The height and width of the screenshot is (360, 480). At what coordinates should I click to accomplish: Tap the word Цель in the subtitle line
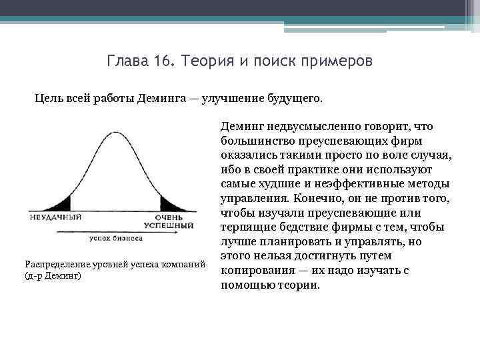point(47,99)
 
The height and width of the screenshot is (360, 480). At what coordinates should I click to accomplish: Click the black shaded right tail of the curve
point(168,205)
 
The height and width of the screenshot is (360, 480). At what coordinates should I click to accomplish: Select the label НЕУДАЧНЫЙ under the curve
point(55,217)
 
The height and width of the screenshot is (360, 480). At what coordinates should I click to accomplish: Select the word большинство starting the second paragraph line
point(252,140)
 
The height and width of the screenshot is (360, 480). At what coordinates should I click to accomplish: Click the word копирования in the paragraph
point(253,271)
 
